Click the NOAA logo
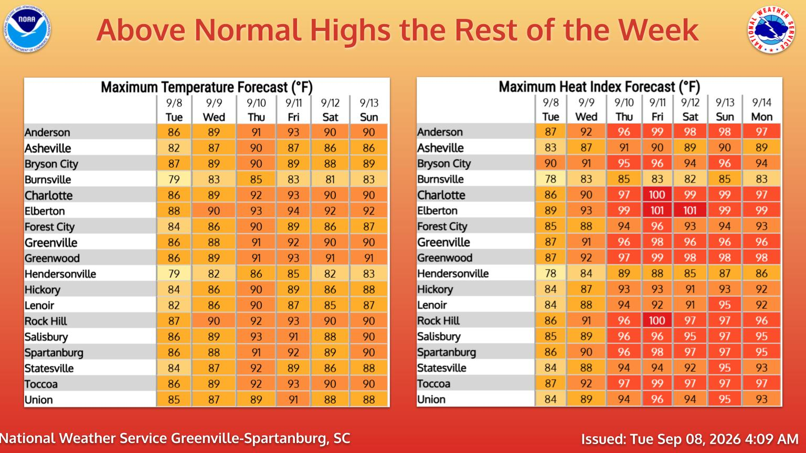[x=27, y=29]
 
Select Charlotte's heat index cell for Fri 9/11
[x=657, y=195]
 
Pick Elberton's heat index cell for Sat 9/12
[x=690, y=210]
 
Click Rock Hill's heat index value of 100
[x=657, y=320]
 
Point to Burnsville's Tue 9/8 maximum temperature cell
[x=174, y=179]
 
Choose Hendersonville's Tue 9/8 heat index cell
[x=550, y=273]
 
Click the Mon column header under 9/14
[x=762, y=117]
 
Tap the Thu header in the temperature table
[x=256, y=117]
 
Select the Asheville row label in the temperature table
[x=48, y=148]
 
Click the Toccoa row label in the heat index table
[x=433, y=384]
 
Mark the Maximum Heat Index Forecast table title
[x=599, y=87]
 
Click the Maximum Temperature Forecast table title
[x=207, y=87]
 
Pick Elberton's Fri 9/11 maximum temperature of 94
[x=293, y=211]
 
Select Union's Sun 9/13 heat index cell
[x=725, y=399]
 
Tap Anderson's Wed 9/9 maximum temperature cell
[x=214, y=132]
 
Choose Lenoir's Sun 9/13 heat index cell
[x=725, y=305]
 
